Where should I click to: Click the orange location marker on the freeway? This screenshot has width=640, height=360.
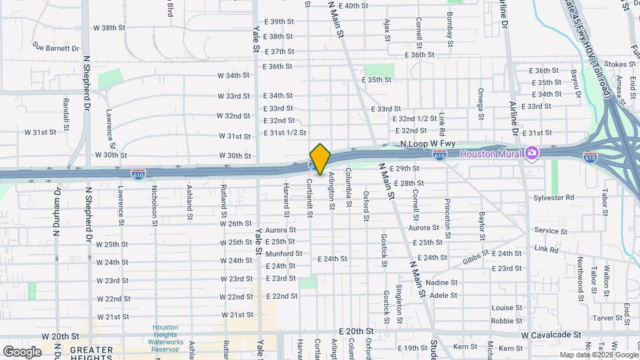click(x=320, y=159)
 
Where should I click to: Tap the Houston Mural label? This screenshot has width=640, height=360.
click(x=494, y=154)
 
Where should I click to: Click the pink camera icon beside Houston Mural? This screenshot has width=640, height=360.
click(x=532, y=154)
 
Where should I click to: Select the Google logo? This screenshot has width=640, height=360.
click(x=22, y=351)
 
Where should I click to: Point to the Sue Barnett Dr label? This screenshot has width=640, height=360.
click(x=55, y=48)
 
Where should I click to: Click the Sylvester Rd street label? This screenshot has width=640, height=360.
click(x=553, y=198)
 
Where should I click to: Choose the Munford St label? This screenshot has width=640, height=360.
click(x=284, y=254)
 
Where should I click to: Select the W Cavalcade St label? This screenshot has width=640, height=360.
click(x=551, y=335)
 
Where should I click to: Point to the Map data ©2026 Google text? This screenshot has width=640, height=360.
click(x=597, y=355)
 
